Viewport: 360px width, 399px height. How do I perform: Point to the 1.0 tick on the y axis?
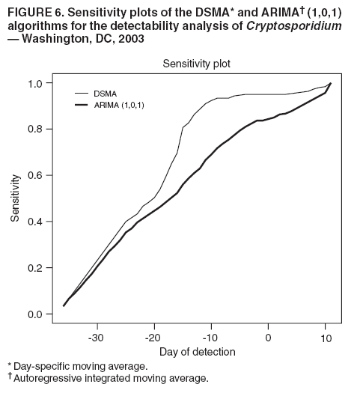[x=35, y=83]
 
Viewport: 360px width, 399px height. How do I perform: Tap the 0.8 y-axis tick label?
[x=35, y=130]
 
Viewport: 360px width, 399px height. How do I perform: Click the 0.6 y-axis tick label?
[x=35, y=176]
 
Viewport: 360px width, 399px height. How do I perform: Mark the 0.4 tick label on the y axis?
[x=35, y=222]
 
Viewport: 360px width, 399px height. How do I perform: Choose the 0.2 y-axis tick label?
[x=35, y=268]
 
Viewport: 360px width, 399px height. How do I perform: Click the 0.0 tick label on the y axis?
[x=35, y=314]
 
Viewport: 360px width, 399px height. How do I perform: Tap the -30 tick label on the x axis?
[x=96, y=338]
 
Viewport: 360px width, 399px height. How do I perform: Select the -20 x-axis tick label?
[x=153, y=338]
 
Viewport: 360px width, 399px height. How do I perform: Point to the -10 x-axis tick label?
[x=210, y=338]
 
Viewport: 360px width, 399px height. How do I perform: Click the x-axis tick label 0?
[x=269, y=338]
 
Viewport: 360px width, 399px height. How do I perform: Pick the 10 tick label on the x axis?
[x=326, y=338]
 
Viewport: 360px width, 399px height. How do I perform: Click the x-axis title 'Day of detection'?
[x=197, y=352]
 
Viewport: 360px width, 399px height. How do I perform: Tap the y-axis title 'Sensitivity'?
[x=15, y=198]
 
